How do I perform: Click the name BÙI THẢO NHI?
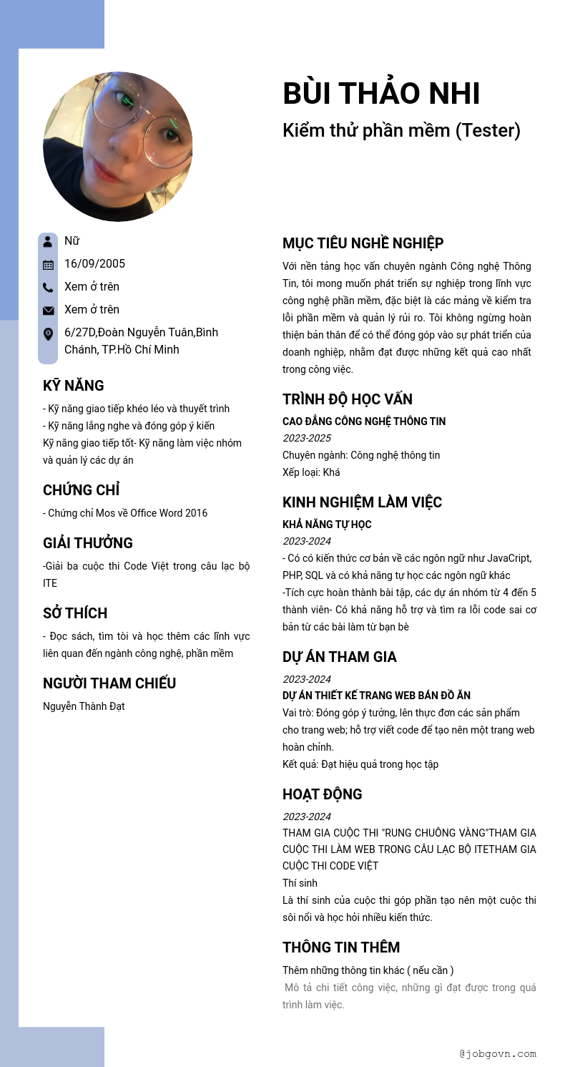point(381,94)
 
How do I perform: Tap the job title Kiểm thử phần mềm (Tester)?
point(401,130)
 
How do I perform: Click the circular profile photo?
point(118,147)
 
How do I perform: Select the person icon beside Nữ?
point(48,241)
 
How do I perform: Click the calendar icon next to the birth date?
point(48,264)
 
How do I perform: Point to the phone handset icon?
point(48,287)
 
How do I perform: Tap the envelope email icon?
point(48,310)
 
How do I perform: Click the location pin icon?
point(48,333)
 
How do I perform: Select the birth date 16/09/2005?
point(94,263)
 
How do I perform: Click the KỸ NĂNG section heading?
point(74,386)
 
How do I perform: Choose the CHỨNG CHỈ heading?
point(81,490)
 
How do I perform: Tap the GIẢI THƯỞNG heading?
point(88,543)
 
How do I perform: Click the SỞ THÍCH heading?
point(75,613)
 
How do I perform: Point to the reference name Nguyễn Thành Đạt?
point(84,706)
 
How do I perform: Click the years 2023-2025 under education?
point(307,438)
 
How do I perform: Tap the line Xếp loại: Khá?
point(311,472)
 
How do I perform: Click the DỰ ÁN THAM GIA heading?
point(340,657)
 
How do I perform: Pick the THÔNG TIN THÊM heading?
point(341,947)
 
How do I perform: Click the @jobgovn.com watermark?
point(498,1053)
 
